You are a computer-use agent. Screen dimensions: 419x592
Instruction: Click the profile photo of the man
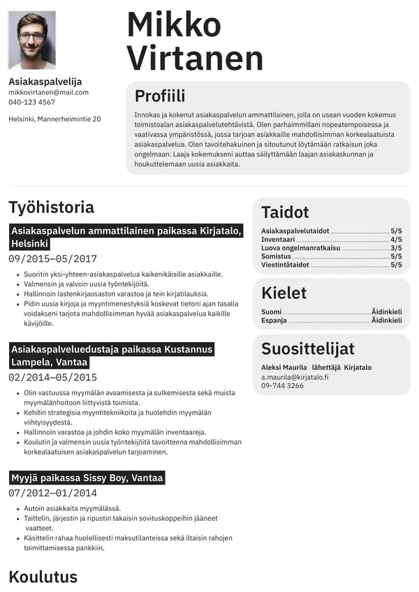click(32, 40)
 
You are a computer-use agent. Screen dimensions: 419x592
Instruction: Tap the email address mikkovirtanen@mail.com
click(48, 92)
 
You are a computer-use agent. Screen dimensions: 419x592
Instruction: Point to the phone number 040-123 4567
click(31, 103)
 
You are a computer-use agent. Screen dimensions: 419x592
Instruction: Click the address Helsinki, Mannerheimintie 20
click(54, 119)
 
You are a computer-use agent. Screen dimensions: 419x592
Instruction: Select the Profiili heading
click(160, 96)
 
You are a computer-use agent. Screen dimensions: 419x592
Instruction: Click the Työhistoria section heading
click(51, 207)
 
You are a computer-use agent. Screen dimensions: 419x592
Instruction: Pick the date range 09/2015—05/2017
click(52, 258)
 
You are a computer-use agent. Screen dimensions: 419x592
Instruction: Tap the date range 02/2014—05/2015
click(52, 378)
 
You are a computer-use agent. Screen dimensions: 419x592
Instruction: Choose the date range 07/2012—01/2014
click(52, 493)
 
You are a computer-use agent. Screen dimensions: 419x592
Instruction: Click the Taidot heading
click(285, 212)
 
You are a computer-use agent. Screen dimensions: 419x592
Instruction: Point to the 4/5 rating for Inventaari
click(396, 239)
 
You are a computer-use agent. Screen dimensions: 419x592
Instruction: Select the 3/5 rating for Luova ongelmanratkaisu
click(396, 248)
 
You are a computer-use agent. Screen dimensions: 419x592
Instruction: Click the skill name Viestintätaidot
click(285, 265)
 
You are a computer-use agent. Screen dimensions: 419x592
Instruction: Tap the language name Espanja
click(274, 320)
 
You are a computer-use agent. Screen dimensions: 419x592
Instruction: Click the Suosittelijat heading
click(308, 348)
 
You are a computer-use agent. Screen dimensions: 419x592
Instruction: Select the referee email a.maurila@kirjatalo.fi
click(295, 377)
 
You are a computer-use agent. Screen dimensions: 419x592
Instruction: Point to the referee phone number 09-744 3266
click(282, 385)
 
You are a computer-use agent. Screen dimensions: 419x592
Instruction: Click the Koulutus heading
click(43, 577)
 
